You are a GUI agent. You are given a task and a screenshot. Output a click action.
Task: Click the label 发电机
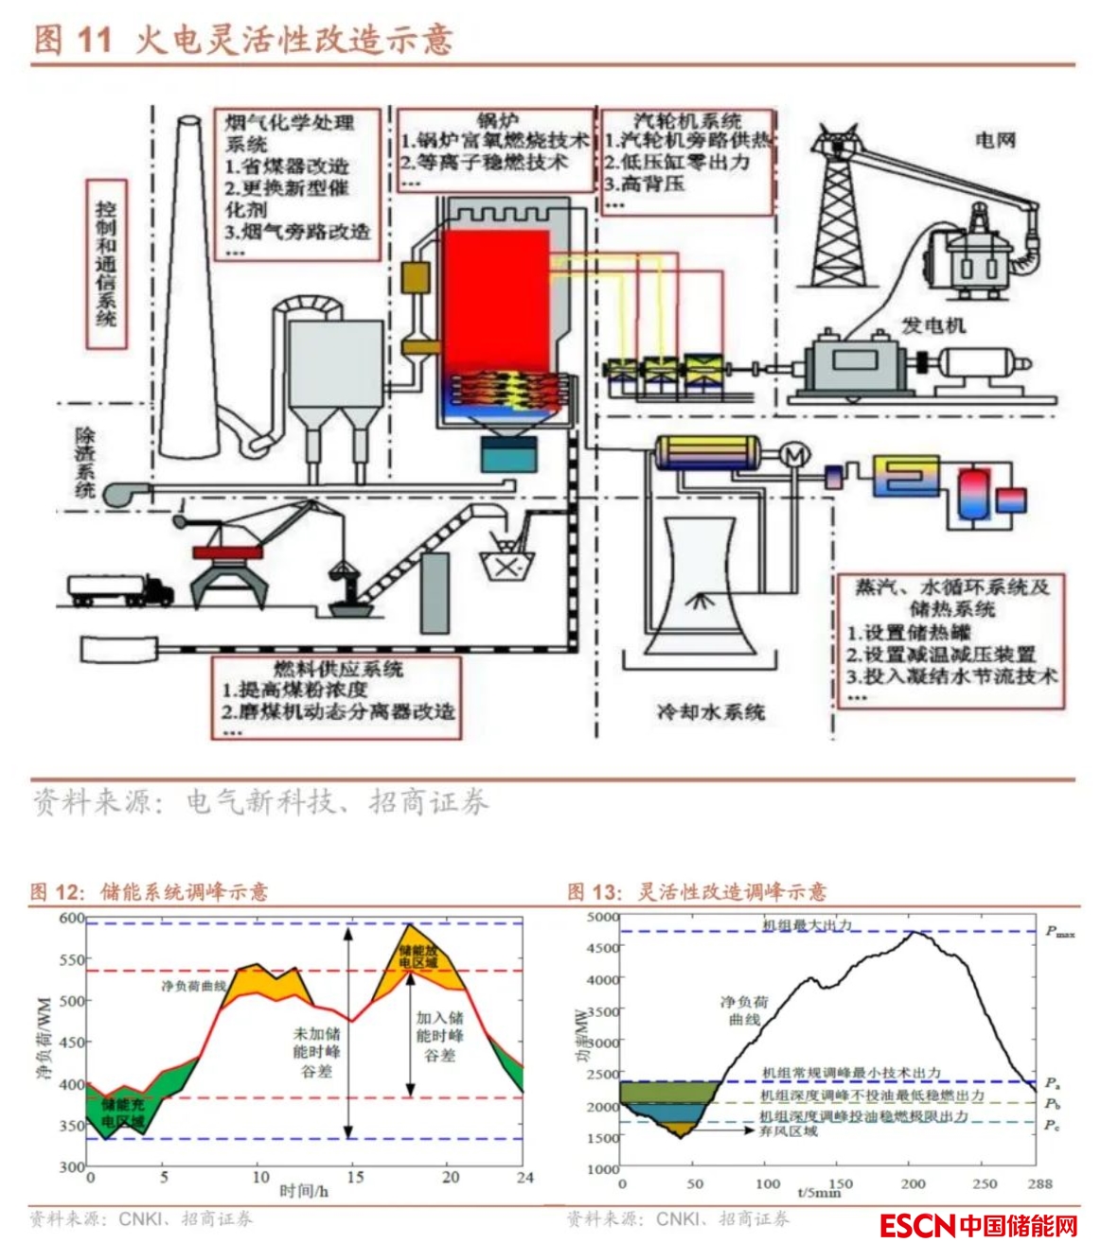[x=932, y=325]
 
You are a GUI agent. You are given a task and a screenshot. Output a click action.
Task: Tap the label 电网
[x=995, y=140]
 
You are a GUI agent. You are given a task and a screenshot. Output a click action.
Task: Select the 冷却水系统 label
[x=711, y=711]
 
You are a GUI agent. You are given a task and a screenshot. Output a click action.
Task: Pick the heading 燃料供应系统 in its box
[x=338, y=669]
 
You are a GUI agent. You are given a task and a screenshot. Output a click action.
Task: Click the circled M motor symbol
[x=794, y=456]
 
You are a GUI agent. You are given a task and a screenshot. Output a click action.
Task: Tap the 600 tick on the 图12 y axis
[x=72, y=918]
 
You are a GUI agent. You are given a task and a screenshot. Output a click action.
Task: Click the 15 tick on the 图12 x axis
[x=355, y=1178]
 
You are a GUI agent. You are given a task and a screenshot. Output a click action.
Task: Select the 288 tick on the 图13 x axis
[x=1039, y=1183]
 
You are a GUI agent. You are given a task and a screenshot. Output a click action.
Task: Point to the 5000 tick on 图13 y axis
[x=602, y=918]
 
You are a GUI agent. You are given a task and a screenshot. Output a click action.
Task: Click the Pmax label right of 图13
[x=1059, y=932]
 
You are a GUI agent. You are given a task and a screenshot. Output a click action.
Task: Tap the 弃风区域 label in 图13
[x=788, y=1130]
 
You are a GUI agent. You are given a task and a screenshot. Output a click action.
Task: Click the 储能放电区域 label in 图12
[x=417, y=955]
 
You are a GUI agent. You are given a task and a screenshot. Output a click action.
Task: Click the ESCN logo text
[x=917, y=1226]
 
